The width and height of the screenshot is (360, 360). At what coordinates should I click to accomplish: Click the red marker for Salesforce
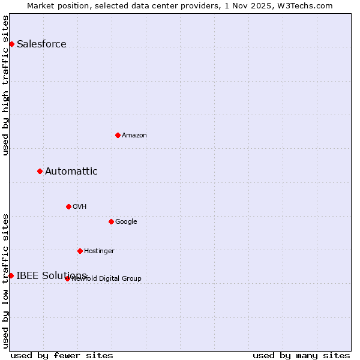click(x=11, y=44)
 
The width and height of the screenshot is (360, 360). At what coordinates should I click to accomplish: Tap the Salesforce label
click(x=41, y=44)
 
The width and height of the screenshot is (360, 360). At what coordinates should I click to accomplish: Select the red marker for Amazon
click(x=118, y=135)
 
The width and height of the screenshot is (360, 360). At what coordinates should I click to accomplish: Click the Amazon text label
click(x=134, y=135)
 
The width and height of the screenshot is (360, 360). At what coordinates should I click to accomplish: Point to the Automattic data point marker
click(x=40, y=171)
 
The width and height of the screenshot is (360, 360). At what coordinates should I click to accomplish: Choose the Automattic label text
click(x=71, y=171)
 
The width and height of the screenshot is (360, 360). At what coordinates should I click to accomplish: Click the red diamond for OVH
click(x=68, y=206)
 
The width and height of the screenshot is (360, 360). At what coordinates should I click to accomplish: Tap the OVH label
click(x=80, y=206)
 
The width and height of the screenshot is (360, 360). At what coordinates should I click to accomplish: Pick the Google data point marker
click(x=111, y=221)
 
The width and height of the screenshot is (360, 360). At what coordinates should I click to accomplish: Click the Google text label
click(x=126, y=221)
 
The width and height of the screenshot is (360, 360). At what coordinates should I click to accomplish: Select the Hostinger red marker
click(x=80, y=251)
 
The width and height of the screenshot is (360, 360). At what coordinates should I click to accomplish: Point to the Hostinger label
click(x=99, y=251)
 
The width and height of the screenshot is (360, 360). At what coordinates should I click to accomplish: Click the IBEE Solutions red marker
click(x=11, y=275)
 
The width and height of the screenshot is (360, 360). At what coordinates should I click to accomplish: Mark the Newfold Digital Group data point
click(x=67, y=278)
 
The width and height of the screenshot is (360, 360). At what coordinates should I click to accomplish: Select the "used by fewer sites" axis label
click(x=62, y=355)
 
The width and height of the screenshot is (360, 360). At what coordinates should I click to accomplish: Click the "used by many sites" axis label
click(x=301, y=355)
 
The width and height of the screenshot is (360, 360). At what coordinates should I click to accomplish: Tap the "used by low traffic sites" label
click(x=5, y=280)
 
